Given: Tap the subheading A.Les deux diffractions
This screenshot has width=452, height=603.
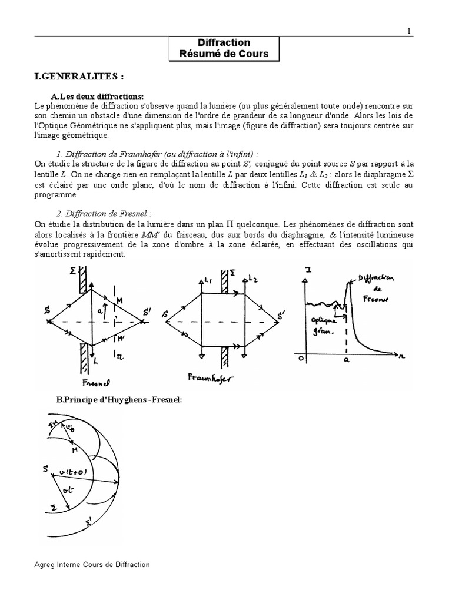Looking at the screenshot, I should point(98,97).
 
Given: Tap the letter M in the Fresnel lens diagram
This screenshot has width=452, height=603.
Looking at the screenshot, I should point(120,301).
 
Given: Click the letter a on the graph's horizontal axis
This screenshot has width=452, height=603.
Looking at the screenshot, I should point(346,360).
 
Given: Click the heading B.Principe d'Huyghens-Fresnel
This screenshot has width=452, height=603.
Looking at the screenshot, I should point(119,400).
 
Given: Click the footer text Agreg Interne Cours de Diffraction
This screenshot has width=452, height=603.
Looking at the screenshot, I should point(92,565).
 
